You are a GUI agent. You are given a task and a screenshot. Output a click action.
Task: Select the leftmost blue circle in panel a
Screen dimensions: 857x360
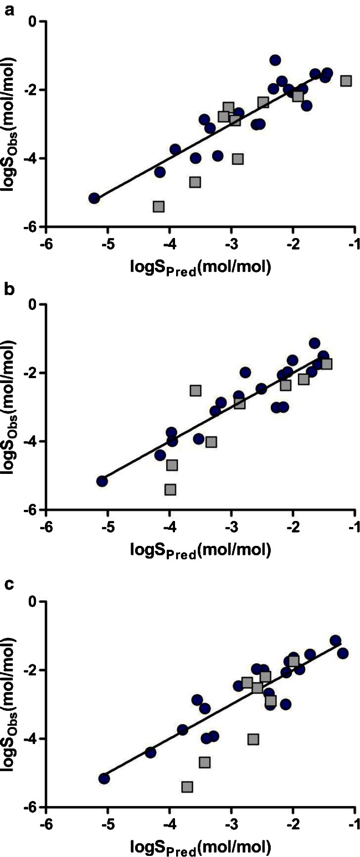pyautogui.click(x=94, y=198)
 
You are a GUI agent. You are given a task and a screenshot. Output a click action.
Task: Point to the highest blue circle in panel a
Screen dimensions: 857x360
pyautogui.click(x=275, y=60)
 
